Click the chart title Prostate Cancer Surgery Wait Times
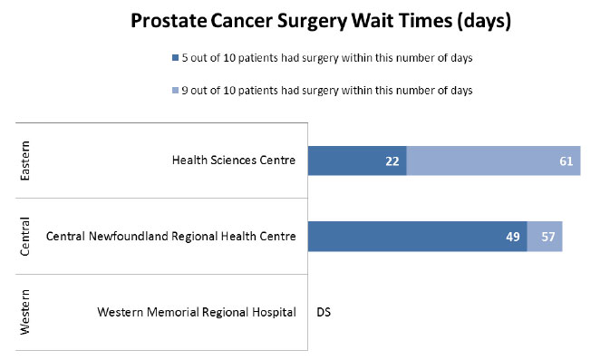coord(321,22)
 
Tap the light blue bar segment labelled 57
coord(545,237)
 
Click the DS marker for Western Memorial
coord(324,313)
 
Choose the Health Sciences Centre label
coord(234,161)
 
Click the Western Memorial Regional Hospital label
coord(196,313)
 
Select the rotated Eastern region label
coord(25,161)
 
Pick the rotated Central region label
coord(25,237)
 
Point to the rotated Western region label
coord(25,313)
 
